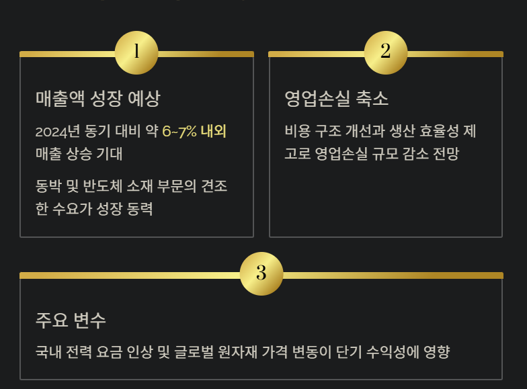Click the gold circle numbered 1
(x=136, y=52)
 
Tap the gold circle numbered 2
(x=386, y=52)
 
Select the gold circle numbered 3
(x=261, y=273)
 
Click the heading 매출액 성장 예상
(x=98, y=99)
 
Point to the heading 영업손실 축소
(x=336, y=99)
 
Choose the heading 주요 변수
(x=71, y=320)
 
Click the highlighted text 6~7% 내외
(x=199, y=131)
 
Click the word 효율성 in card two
(x=438, y=131)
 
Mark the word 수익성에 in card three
(x=401, y=351)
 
